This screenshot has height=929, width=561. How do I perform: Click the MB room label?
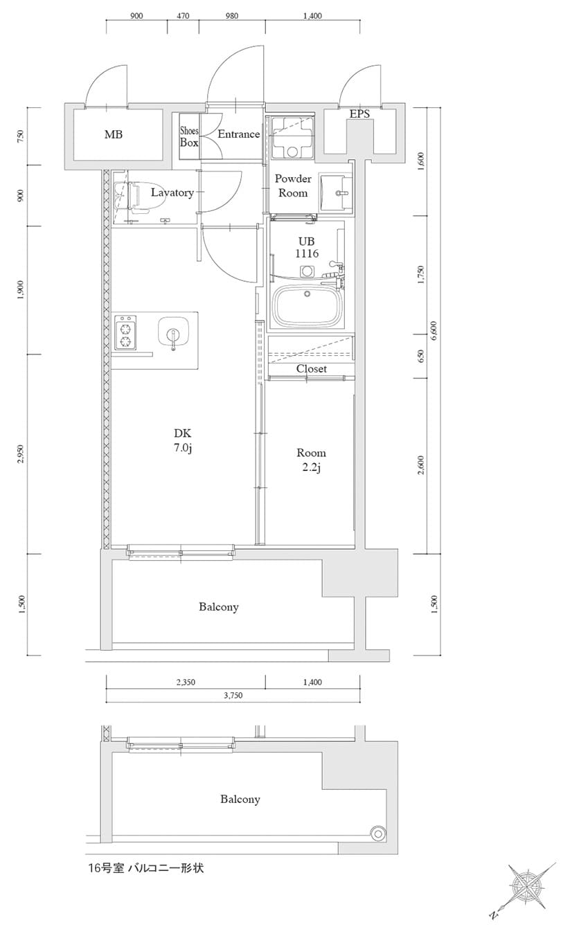(x=114, y=134)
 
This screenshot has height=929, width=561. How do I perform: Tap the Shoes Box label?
(x=189, y=136)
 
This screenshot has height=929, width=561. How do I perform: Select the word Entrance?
(x=238, y=134)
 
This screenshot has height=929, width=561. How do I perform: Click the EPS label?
(x=359, y=114)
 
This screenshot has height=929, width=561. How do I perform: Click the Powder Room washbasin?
(x=336, y=190)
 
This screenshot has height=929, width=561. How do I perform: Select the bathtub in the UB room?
(x=309, y=305)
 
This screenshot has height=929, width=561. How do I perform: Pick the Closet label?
(x=311, y=369)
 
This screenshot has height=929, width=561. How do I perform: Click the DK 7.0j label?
(x=182, y=440)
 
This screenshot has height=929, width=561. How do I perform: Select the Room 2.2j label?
(x=311, y=460)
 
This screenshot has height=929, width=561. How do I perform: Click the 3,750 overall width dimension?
(x=233, y=696)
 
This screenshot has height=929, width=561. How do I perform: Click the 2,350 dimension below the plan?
(x=185, y=682)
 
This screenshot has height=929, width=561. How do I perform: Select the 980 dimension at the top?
(x=231, y=16)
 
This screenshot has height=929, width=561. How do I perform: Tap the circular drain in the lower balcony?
(x=378, y=833)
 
